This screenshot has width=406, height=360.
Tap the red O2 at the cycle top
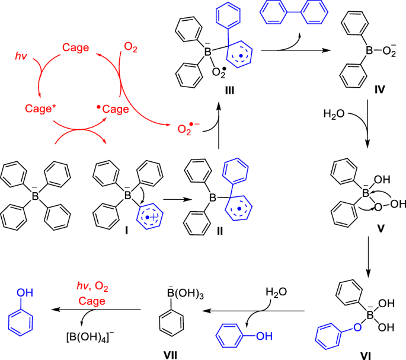[130, 46]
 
